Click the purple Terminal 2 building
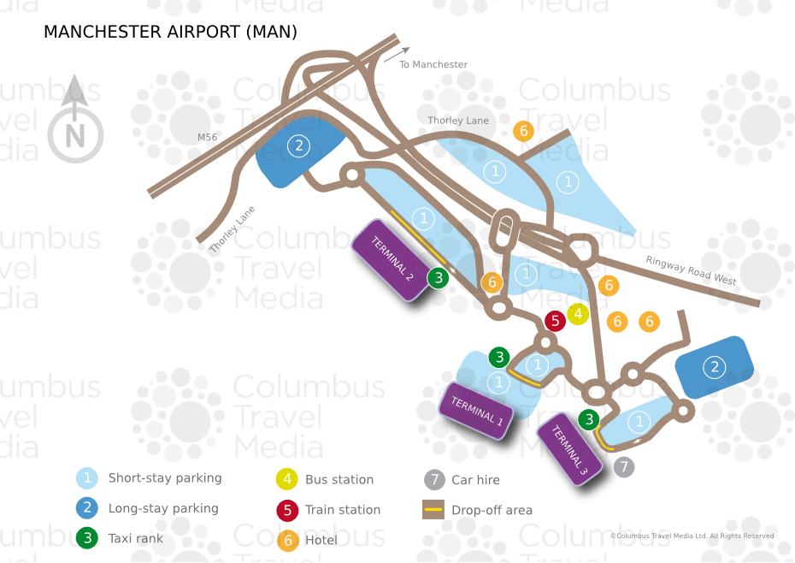tap(392, 260)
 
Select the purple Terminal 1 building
tap(476, 412)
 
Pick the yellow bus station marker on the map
tap(579, 314)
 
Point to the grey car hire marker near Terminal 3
tap(625, 467)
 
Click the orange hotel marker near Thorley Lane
tap(524, 131)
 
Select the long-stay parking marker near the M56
tap(298, 145)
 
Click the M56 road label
tap(207, 137)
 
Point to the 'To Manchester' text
tap(433, 65)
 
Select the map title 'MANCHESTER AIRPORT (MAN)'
tap(170, 33)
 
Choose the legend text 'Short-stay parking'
tap(165, 478)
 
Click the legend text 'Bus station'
tap(339, 480)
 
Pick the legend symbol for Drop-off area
tap(433, 510)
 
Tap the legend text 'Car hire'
tap(475, 480)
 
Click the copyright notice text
tap(692, 536)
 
